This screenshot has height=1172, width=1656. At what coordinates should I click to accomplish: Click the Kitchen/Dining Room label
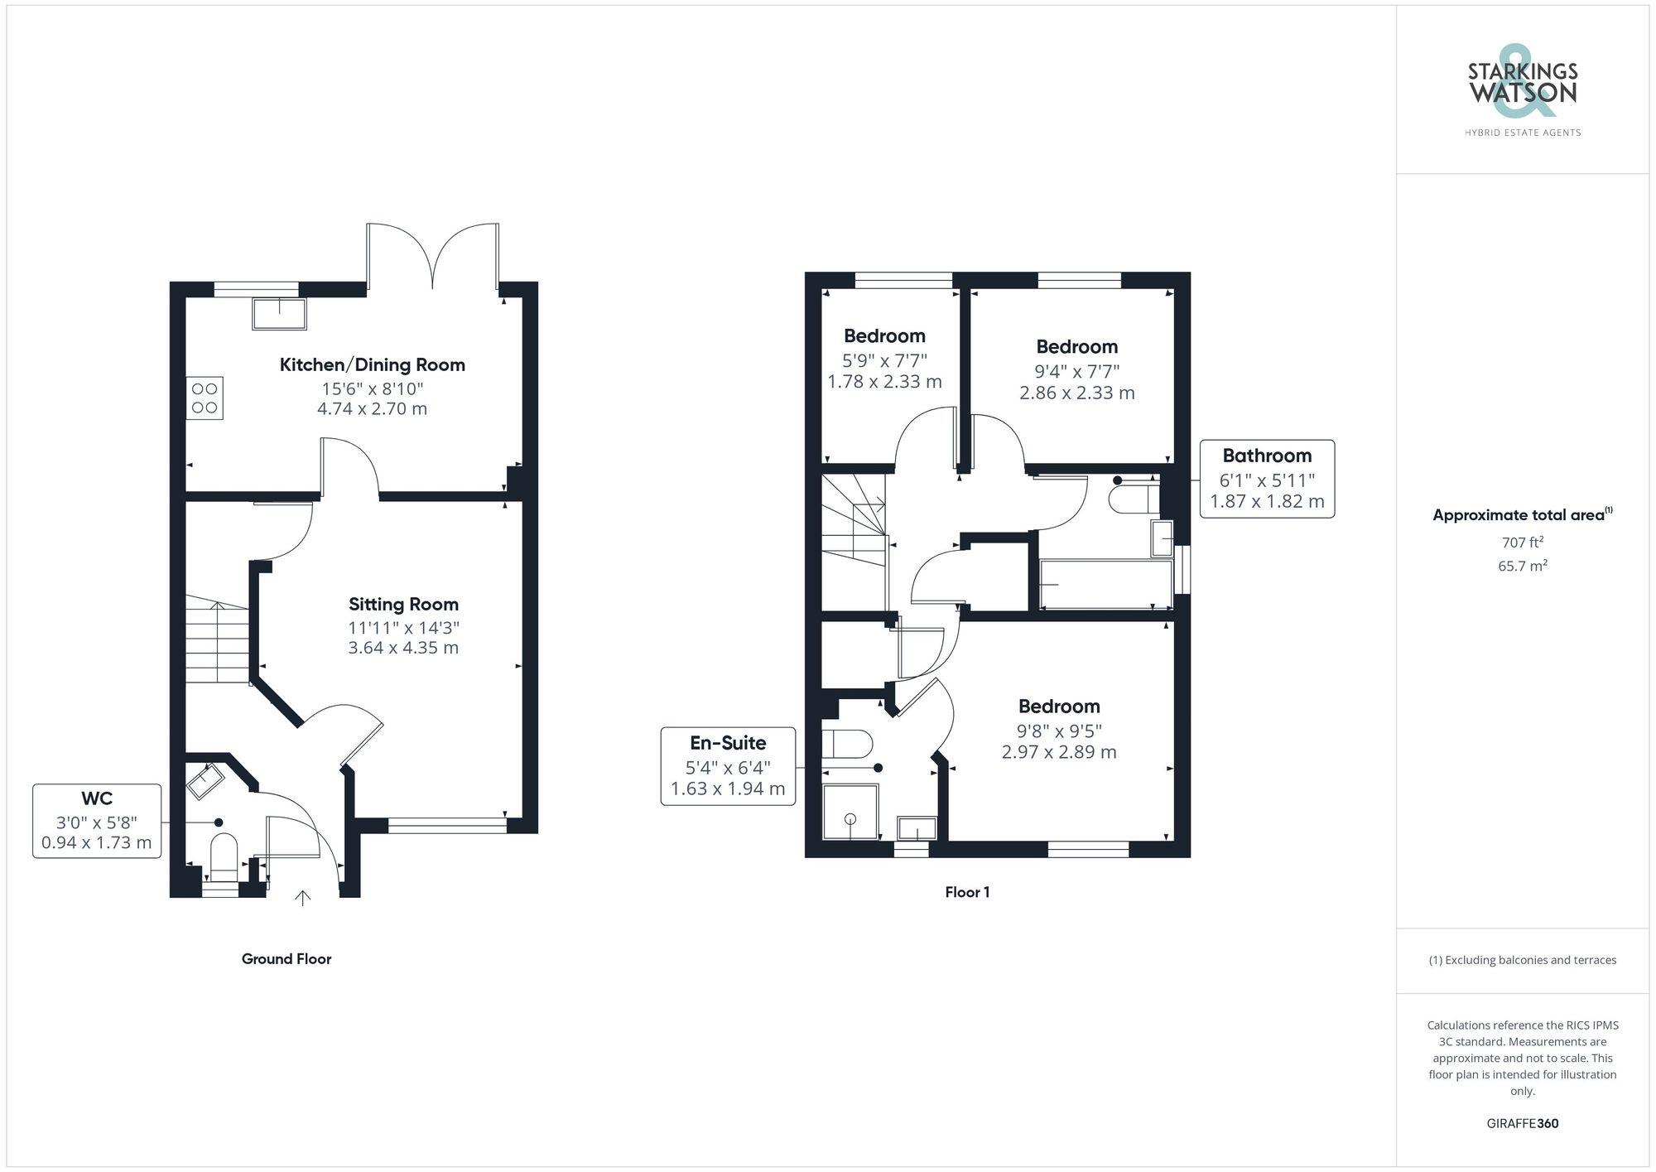pyautogui.click(x=372, y=365)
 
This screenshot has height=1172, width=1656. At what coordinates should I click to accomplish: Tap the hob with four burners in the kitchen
pyautogui.click(x=205, y=398)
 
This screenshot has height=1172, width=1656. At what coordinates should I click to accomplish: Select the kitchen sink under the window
pyautogui.click(x=280, y=313)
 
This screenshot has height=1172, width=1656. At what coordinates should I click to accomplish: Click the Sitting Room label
pyautogui.click(x=403, y=605)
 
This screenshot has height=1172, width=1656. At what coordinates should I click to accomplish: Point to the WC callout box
pyautogui.click(x=97, y=821)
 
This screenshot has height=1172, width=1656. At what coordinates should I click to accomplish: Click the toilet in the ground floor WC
pyautogui.click(x=224, y=855)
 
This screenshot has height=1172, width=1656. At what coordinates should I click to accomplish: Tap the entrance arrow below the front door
pyautogui.click(x=303, y=898)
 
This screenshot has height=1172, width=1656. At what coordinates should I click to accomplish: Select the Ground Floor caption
pyautogui.click(x=286, y=959)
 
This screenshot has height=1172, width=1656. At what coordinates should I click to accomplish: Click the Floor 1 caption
pyautogui.click(x=967, y=892)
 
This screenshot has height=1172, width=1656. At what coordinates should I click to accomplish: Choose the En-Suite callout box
pyautogui.click(x=728, y=766)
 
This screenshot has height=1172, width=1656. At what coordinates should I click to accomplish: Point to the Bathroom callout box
pyautogui.click(x=1267, y=479)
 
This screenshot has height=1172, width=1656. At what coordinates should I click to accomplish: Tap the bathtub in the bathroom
pyautogui.click(x=1105, y=585)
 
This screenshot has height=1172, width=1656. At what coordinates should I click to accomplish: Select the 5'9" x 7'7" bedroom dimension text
pyautogui.click(x=884, y=361)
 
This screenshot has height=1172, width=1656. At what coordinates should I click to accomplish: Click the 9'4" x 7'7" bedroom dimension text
pyautogui.click(x=1076, y=372)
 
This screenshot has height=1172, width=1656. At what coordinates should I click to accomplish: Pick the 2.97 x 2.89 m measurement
pyautogui.click(x=1059, y=753)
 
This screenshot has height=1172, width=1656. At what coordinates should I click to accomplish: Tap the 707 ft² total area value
pyautogui.click(x=1522, y=543)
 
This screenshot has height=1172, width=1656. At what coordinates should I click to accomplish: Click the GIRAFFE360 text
pyautogui.click(x=1522, y=1124)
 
